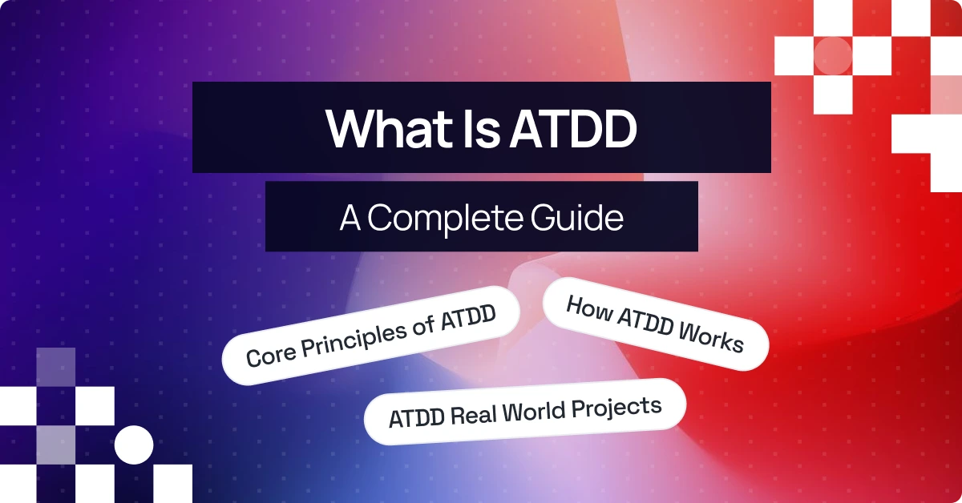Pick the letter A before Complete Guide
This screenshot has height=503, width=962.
click(x=350, y=217)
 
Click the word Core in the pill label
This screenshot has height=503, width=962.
click(x=266, y=352)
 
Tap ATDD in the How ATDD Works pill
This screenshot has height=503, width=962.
click(x=646, y=324)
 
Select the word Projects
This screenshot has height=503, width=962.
click(x=617, y=406)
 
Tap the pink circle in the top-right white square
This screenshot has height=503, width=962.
click(x=833, y=54)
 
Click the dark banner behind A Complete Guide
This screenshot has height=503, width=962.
click(x=297, y=217)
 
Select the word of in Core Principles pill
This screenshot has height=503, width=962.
click(x=426, y=322)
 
